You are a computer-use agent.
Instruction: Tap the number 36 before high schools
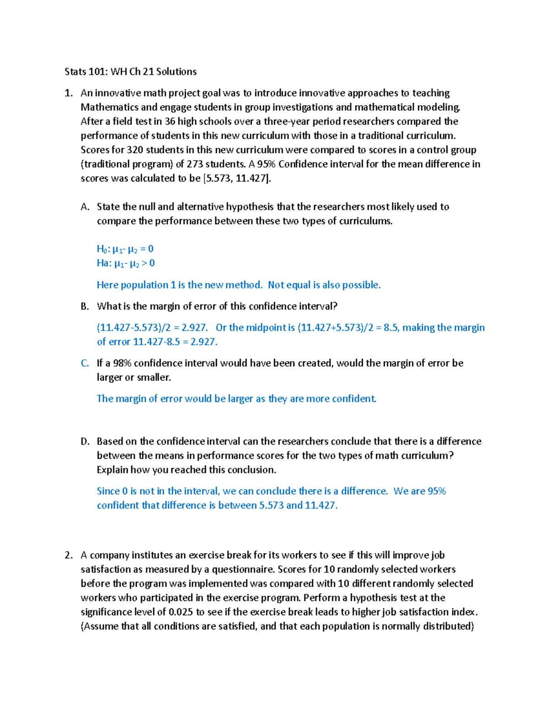click(x=170, y=121)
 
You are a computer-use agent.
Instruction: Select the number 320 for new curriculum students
click(x=135, y=150)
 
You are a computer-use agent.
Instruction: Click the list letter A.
click(x=85, y=207)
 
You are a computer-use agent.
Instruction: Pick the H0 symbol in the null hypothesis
click(x=101, y=249)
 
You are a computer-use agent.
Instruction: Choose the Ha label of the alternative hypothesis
click(x=103, y=263)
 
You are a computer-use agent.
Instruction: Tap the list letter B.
click(x=85, y=307)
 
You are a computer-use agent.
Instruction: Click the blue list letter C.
click(x=85, y=364)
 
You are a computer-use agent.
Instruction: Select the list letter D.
click(x=85, y=442)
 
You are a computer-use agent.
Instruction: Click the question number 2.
click(x=68, y=555)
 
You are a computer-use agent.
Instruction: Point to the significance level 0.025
click(x=181, y=612)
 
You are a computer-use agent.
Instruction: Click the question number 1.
click(x=68, y=93)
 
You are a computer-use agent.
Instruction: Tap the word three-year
click(x=287, y=121)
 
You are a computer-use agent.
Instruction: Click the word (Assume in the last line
click(x=100, y=626)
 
